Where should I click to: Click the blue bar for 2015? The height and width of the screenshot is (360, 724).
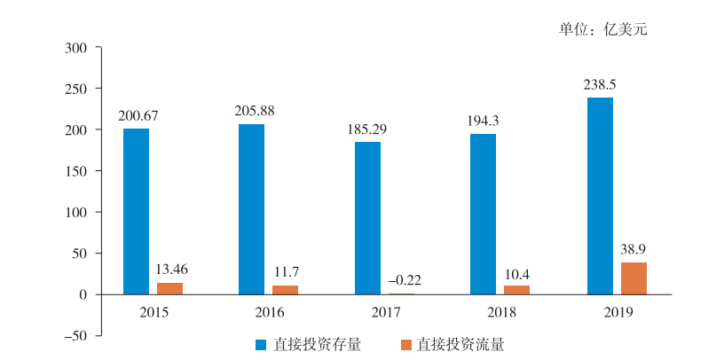click(x=136, y=211)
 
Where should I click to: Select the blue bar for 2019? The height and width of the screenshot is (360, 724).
click(x=600, y=195)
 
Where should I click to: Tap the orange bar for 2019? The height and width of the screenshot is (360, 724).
click(x=633, y=278)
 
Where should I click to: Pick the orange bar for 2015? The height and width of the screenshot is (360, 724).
click(x=169, y=288)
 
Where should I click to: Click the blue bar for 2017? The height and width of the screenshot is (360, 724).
click(x=367, y=218)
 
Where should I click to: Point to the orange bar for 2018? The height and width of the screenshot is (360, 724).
click(x=516, y=290)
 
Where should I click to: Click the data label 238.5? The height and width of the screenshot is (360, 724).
click(x=599, y=85)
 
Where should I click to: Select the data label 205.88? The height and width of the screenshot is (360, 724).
click(x=251, y=112)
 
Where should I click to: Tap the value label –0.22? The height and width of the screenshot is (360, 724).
click(x=404, y=279)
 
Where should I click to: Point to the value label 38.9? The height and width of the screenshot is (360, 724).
click(x=633, y=251)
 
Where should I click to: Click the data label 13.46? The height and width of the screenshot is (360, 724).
click(x=170, y=270)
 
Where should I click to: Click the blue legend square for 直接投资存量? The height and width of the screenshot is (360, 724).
click(x=262, y=344)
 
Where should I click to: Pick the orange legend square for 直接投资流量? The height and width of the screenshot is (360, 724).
click(x=405, y=344)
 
